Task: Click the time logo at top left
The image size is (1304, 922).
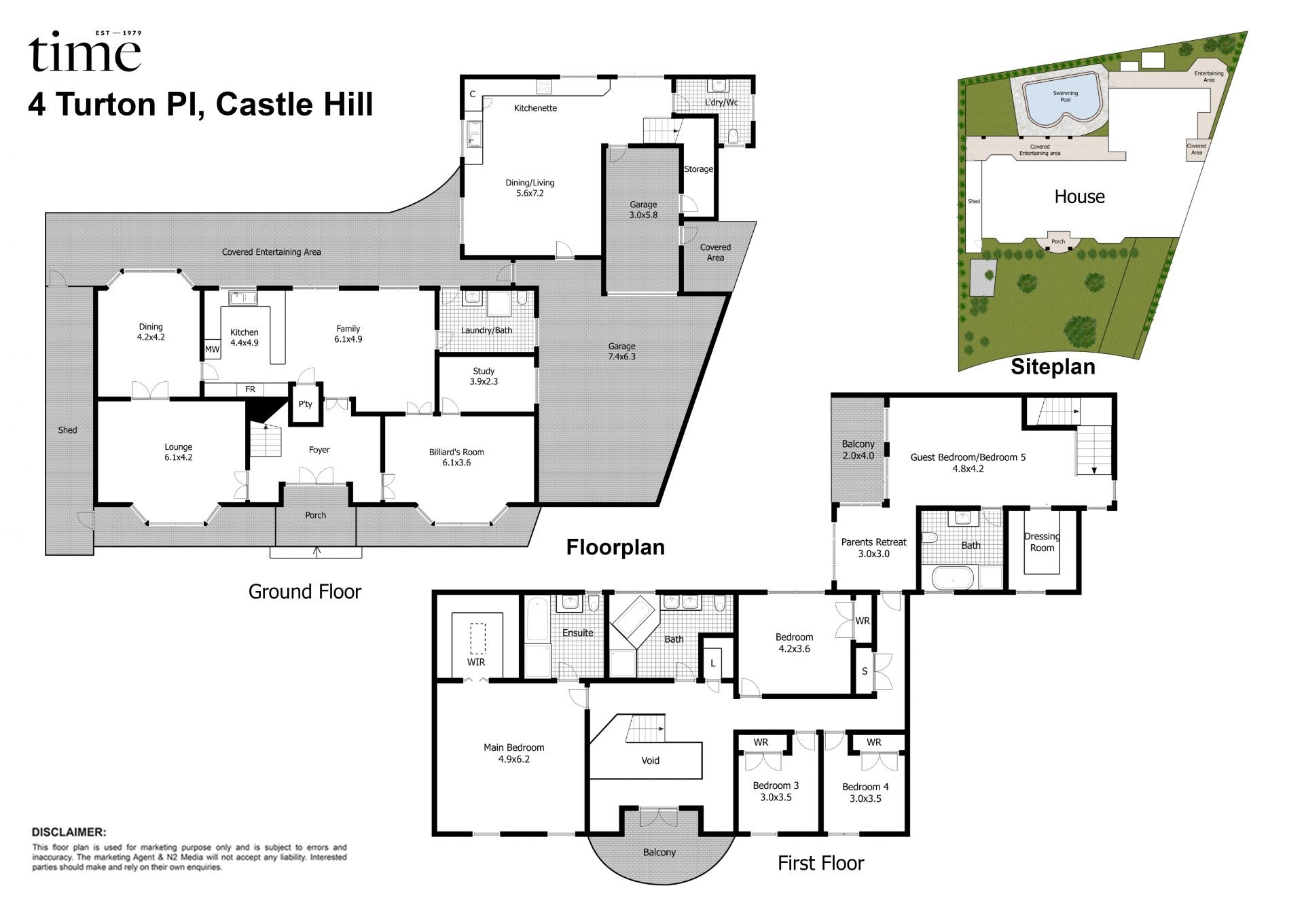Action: (x=85, y=53)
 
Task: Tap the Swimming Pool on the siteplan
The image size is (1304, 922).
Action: (x=1065, y=97)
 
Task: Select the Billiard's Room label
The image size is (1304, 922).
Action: (x=456, y=457)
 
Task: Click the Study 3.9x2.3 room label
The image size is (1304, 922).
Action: (x=484, y=376)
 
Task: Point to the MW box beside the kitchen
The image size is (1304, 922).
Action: (x=212, y=349)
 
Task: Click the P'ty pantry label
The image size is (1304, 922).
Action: (x=306, y=404)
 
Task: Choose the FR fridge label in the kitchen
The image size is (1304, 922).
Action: (x=250, y=389)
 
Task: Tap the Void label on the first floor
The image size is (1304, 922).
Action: (x=650, y=760)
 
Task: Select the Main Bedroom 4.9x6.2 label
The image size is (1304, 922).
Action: (x=513, y=753)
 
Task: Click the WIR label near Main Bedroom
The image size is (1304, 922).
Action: (x=475, y=662)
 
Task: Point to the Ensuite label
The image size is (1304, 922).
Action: (x=577, y=633)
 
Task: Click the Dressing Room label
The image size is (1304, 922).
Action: (x=1042, y=542)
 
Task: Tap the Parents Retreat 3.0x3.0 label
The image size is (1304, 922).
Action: (x=873, y=548)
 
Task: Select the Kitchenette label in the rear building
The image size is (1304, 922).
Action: (x=535, y=108)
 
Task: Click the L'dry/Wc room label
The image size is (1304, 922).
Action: (x=721, y=103)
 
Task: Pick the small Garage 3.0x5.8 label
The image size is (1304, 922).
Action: (x=642, y=209)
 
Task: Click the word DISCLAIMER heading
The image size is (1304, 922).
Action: (x=69, y=832)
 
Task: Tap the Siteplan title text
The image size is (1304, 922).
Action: (x=1053, y=367)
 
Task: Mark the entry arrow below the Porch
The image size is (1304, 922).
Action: (x=316, y=551)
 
